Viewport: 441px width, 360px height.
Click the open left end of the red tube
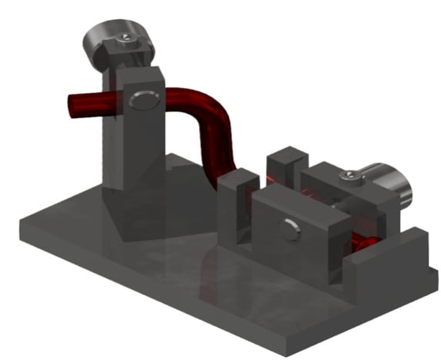coord(75,106)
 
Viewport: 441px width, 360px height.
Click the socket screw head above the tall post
coord(123,39)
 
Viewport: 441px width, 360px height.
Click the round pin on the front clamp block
coord(291,228)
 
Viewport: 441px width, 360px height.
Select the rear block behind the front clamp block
coord(287,163)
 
